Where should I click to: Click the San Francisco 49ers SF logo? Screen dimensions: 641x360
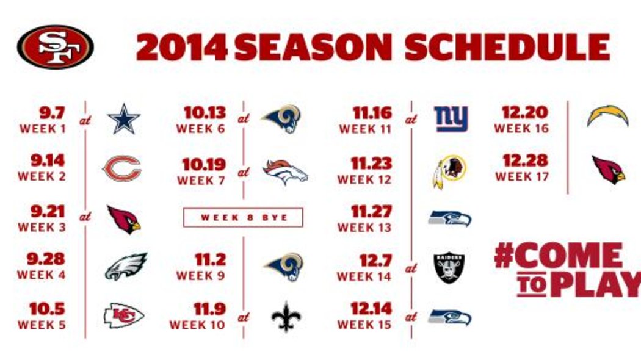55,46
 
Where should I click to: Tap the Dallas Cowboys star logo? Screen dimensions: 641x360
125,118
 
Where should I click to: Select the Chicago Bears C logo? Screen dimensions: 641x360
122,168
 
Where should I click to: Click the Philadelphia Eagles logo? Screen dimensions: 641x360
126,266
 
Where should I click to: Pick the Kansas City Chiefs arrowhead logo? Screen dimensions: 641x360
123,315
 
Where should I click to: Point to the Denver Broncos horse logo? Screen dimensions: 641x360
285,172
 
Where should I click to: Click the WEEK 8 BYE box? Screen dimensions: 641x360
243,217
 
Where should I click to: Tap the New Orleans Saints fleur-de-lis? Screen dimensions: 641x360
286,317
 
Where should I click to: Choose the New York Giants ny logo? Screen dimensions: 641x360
451,119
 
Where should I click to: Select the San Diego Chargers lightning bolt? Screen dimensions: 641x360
607,116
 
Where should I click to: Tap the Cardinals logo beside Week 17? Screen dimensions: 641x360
609,170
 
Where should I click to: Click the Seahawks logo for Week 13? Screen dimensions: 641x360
450,218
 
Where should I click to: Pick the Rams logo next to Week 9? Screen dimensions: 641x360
283,267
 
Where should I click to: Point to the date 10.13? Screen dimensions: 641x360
205,113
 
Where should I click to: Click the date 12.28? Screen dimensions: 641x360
525,160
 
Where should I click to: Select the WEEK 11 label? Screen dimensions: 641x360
365,129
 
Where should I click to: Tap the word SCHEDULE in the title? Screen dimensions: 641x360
507,48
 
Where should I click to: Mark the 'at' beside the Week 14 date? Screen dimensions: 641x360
411,268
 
